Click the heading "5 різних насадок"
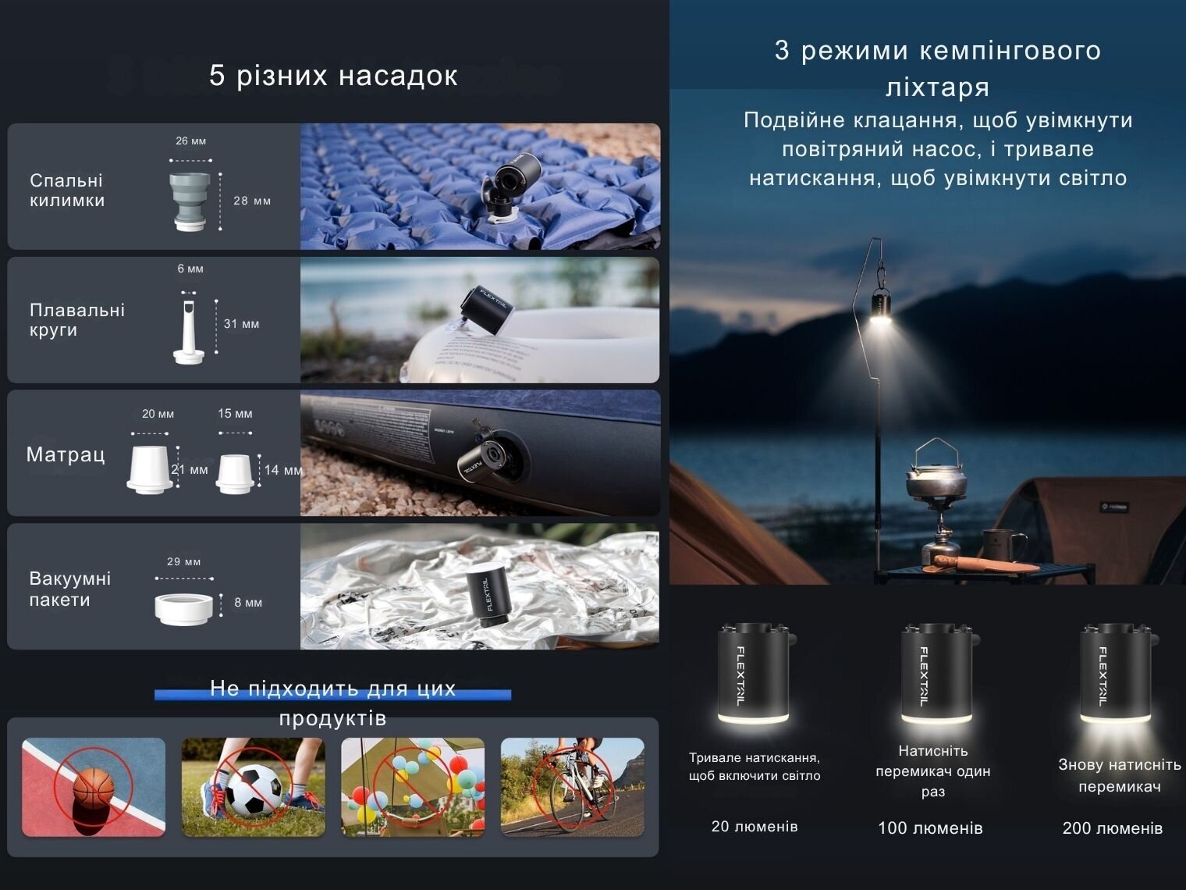[333, 76]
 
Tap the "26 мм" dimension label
[190, 141]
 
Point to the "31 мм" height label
[242, 324]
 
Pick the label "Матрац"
[66, 454]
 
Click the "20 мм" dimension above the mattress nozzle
[158, 414]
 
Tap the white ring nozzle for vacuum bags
[183, 609]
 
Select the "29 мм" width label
[183, 562]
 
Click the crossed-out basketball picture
[94, 787]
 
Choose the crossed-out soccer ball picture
[254, 787]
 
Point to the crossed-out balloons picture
[413, 787]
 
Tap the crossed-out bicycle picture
[573, 787]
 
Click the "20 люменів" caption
[755, 826]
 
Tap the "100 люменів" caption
[930, 828]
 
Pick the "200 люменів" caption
[1113, 828]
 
